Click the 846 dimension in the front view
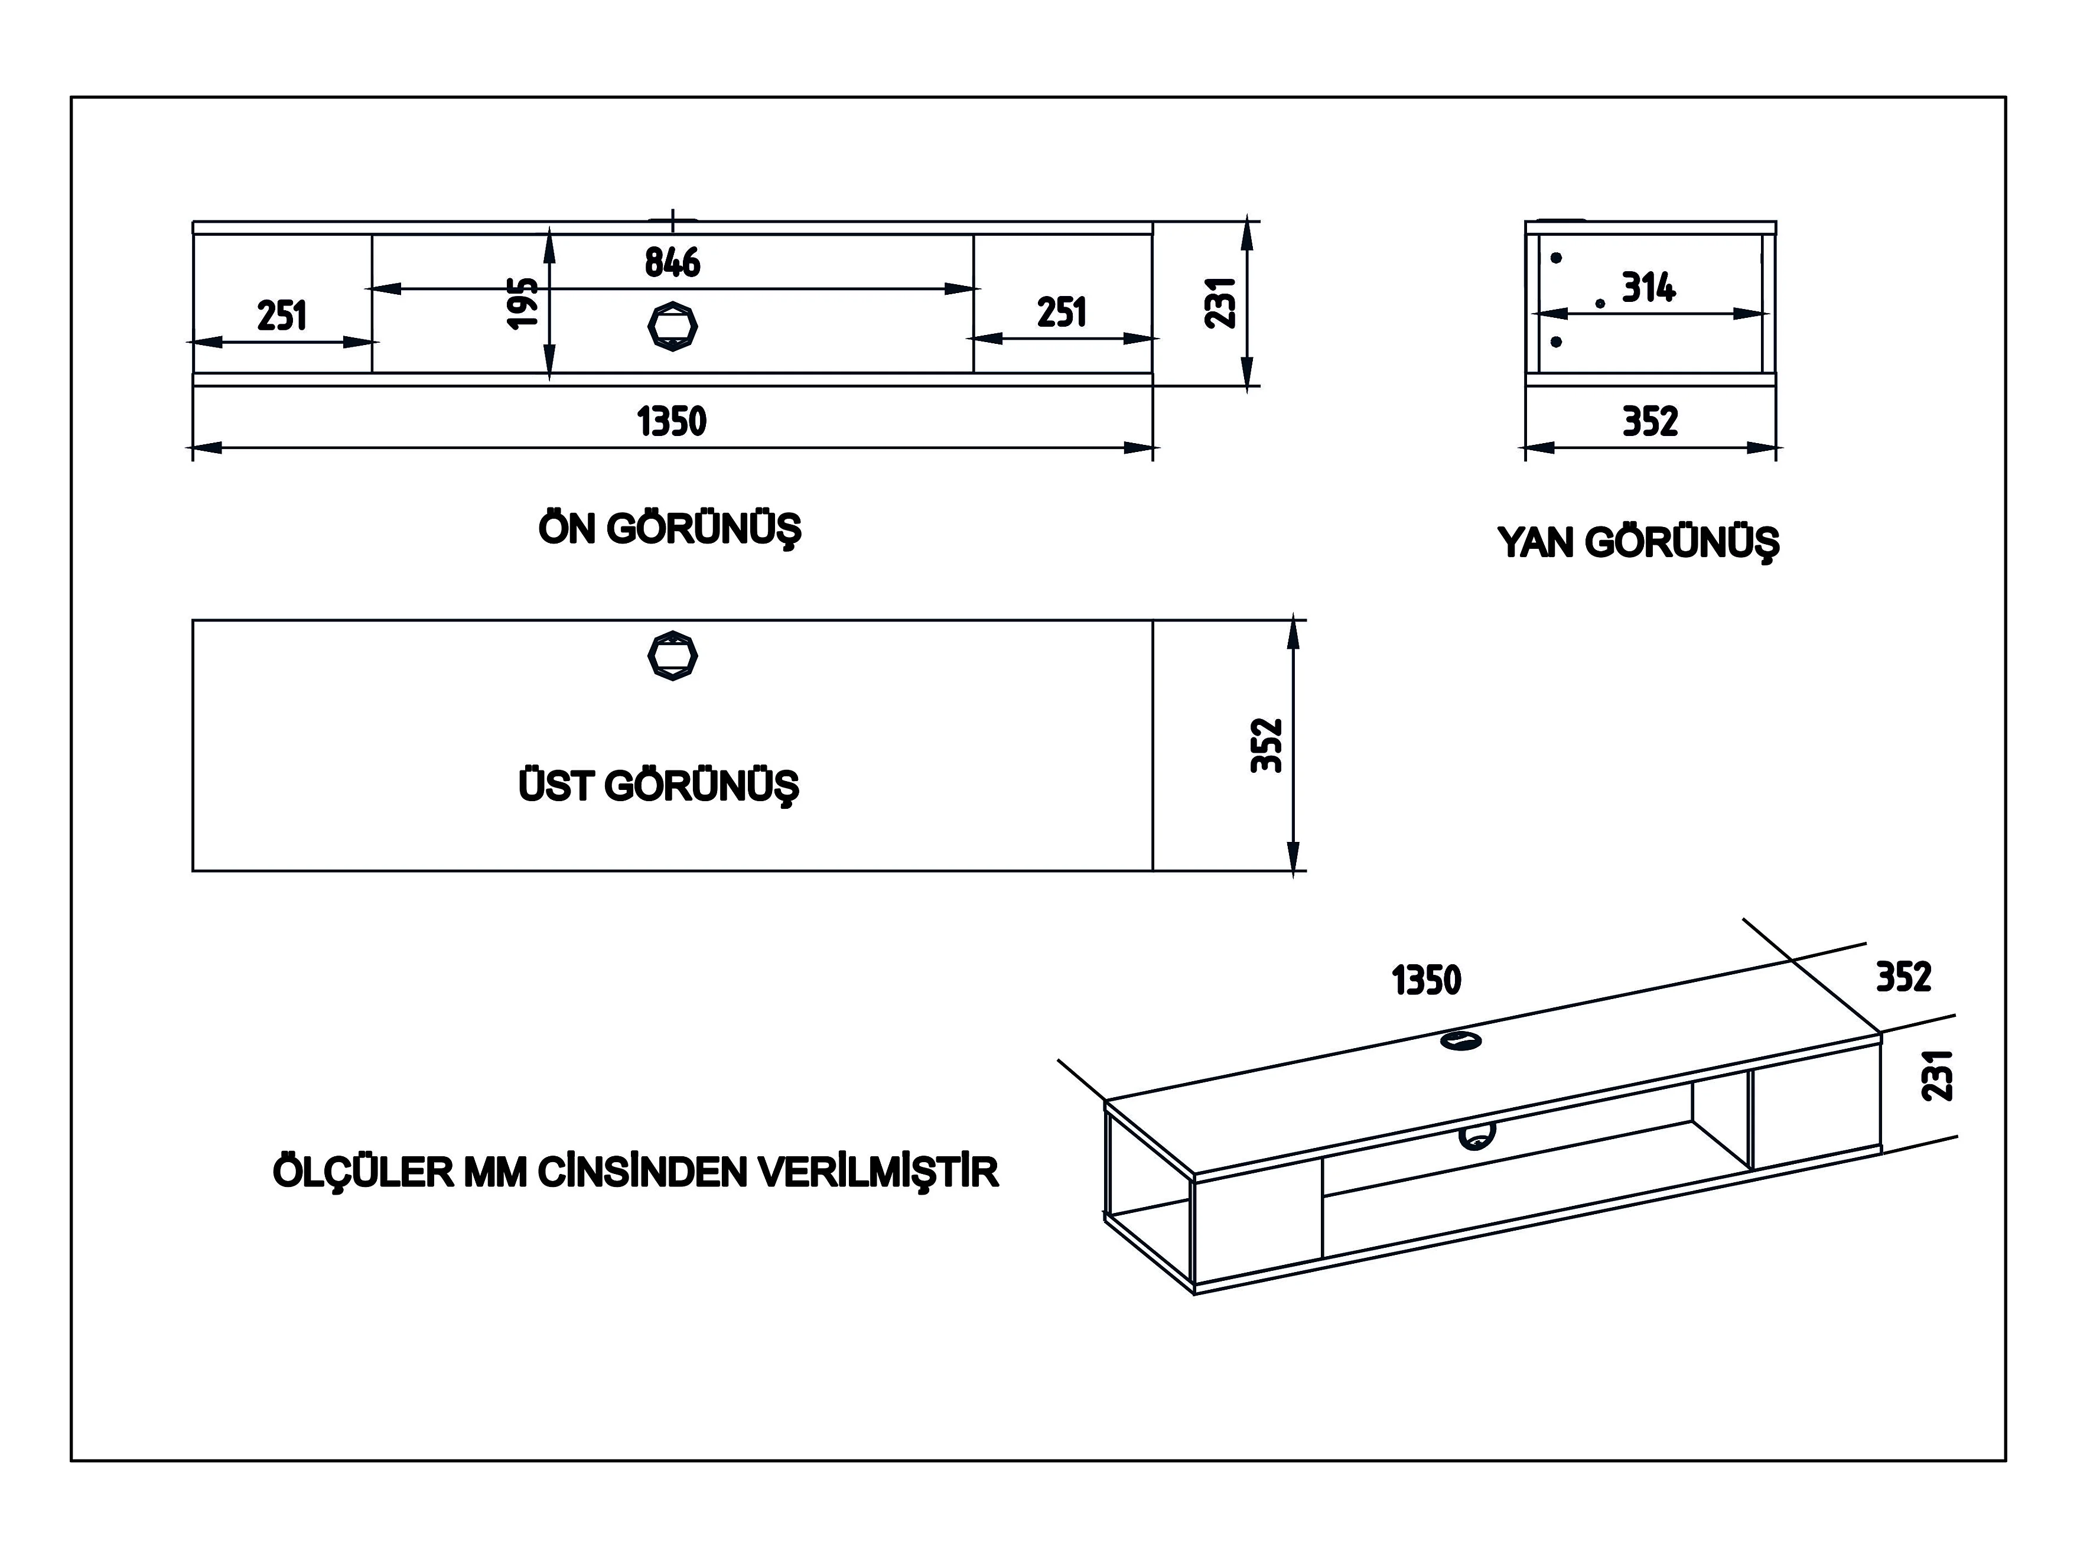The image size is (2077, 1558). [672, 263]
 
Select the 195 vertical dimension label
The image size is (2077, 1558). [523, 303]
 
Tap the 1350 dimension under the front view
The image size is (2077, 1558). [672, 422]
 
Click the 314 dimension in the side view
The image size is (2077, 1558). [1648, 288]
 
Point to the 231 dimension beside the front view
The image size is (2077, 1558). [1220, 303]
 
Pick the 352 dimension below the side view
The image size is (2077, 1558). [1650, 422]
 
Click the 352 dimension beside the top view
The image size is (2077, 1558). [1267, 744]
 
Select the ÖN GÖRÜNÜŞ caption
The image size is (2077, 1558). [669, 529]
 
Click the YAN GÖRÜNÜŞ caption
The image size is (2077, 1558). [1637, 543]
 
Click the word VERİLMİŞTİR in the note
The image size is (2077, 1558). [878, 1173]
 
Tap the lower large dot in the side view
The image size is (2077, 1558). [1556, 342]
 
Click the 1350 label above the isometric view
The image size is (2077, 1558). [1426, 980]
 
